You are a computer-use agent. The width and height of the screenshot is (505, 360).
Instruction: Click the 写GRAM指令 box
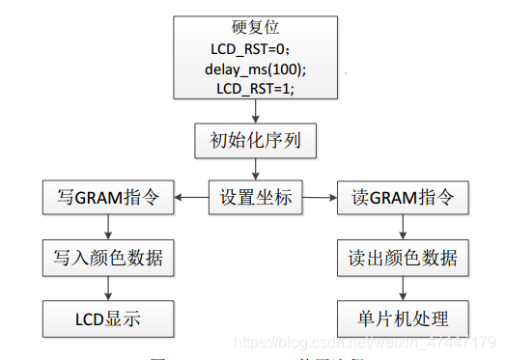tap(107, 199)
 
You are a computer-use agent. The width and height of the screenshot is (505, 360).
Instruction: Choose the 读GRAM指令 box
tap(404, 199)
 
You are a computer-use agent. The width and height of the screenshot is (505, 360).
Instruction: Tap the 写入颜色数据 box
tap(107, 258)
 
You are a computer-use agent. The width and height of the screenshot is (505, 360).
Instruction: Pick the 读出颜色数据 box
tap(404, 258)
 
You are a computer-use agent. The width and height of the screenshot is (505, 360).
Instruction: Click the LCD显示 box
tap(107, 317)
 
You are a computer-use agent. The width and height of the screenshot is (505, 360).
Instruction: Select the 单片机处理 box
tap(404, 317)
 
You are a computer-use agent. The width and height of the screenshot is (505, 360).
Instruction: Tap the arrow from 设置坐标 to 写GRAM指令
tap(191, 199)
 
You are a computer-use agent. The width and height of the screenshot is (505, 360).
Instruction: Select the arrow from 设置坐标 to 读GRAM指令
tap(318, 199)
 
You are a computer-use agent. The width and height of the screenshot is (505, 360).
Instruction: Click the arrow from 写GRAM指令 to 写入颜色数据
tap(107, 228)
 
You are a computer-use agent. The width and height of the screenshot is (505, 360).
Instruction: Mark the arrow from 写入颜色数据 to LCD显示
tap(107, 288)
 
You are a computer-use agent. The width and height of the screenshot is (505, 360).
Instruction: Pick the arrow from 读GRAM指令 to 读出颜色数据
tap(404, 228)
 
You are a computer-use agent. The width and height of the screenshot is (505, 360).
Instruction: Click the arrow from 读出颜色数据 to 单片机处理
tap(404, 288)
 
